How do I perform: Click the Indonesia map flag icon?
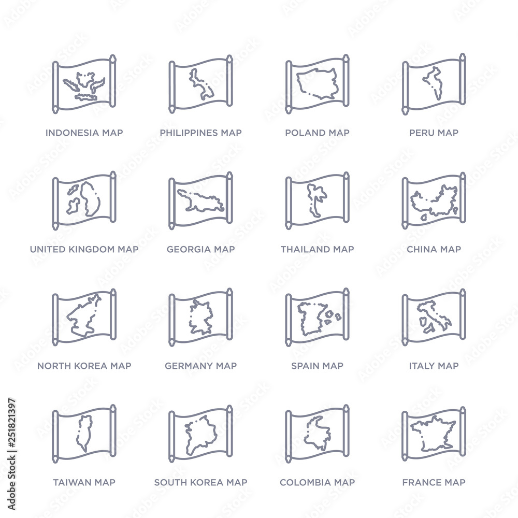(x=84, y=84)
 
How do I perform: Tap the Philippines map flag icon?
(x=200, y=84)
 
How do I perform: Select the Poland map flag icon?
(x=317, y=84)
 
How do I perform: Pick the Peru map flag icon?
(x=434, y=84)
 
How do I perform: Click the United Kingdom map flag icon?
(x=84, y=201)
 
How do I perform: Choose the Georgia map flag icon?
(x=200, y=201)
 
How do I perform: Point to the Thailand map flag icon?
(x=317, y=201)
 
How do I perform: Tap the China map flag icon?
(x=434, y=201)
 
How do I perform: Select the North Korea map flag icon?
(x=84, y=318)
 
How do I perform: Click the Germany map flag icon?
(x=200, y=318)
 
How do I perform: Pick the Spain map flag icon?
(x=317, y=318)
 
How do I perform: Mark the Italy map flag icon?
(x=434, y=318)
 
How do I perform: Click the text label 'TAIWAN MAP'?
(x=84, y=482)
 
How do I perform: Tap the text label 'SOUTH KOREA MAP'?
(x=200, y=482)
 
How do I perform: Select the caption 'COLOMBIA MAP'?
(x=317, y=482)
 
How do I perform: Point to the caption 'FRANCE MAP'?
(x=434, y=482)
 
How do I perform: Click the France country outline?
(x=433, y=433)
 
